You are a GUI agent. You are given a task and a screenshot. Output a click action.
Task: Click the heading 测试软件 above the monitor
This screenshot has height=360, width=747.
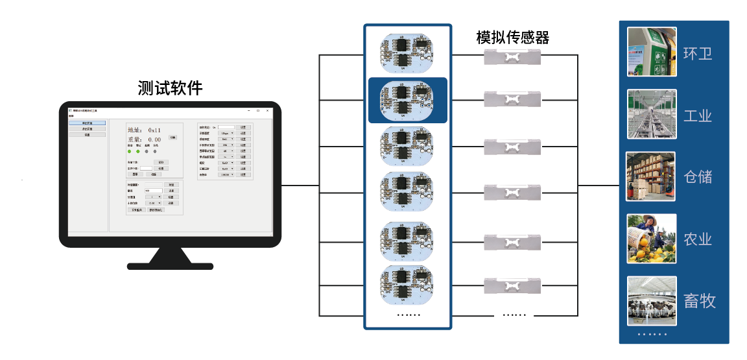pyautogui.click(x=170, y=88)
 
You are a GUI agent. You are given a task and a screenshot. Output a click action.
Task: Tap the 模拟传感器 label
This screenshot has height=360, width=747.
pyautogui.click(x=512, y=38)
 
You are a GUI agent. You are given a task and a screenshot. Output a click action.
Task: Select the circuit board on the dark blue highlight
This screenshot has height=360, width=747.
pyautogui.click(x=407, y=101)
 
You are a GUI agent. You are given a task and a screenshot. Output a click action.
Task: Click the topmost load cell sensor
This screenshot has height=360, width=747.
pyautogui.click(x=512, y=56)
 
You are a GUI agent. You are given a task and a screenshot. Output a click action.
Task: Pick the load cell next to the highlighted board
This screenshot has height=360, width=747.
pyautogui.click(x=512, y=100)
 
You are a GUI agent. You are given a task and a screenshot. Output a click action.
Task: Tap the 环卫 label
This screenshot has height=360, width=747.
pyautogui.click(x=698, y=53)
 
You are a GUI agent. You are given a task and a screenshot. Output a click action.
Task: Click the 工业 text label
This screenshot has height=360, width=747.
pyautogui.click(x=698, y=116)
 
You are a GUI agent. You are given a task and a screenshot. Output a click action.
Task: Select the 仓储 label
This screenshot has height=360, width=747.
pyautogui.click(x=698, y=176)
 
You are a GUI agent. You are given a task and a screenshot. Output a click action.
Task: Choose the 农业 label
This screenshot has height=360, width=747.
pyautogui.click(x=698, y=239)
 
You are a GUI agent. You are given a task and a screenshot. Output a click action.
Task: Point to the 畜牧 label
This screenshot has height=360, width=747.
pyautogui.click(x=699, y=301)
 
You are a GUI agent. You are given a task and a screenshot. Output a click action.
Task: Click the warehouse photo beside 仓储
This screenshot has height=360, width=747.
pyautogui.click(x=651, y=176)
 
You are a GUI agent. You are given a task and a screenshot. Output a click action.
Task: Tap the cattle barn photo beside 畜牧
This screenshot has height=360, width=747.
pyautogui.click(x=652, y=301)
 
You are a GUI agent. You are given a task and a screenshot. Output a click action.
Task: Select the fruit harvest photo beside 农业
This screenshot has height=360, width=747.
pyautogui.click(x=652, y=239)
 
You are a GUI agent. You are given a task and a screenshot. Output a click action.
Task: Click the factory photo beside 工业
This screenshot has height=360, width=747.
pyautogui.click(x=652, y=115)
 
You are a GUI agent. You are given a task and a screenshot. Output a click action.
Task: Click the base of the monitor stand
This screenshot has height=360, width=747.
pyautogui.click(x=170, y=265)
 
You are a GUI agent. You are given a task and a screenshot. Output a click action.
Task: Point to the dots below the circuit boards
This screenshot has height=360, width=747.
pyautogui.click(x=409, y=315)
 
